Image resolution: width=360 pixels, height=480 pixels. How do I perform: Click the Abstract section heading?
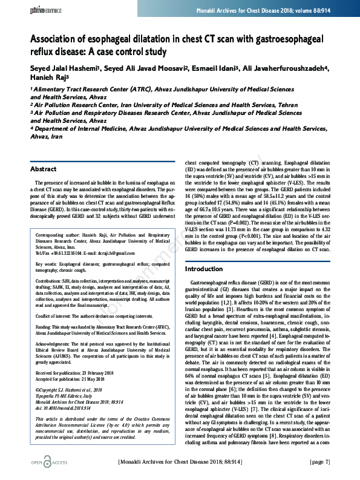tap(43, 169)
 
